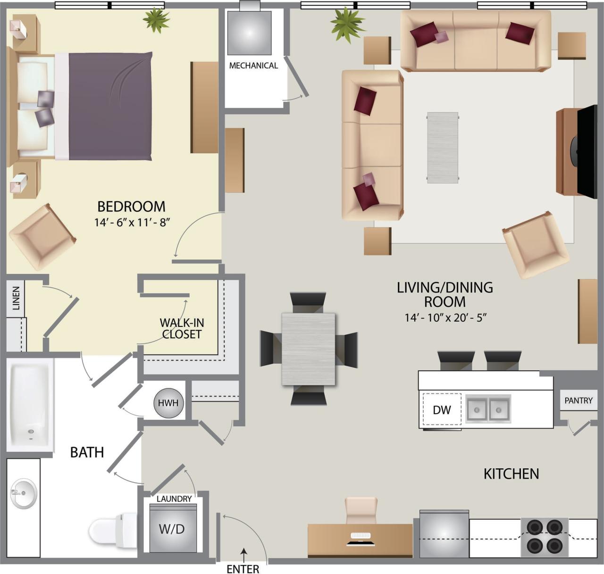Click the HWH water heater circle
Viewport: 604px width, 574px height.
tap(168, 403)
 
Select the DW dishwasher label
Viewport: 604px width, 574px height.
tap(442, 410)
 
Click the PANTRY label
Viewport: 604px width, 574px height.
tap(578, 400)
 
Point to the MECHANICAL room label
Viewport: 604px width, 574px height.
tap(253, 66)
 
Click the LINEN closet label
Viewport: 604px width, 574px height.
tap(17, 298)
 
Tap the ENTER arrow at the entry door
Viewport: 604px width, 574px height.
tap(243, 551)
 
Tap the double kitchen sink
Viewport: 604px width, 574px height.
tap(488, 408)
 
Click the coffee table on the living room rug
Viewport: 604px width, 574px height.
tap(443, 147)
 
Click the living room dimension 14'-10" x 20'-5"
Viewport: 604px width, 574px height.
tap(445, 318)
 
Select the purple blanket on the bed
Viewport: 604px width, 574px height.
tap(111, 106)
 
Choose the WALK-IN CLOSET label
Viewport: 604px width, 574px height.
tap(182, 328)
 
